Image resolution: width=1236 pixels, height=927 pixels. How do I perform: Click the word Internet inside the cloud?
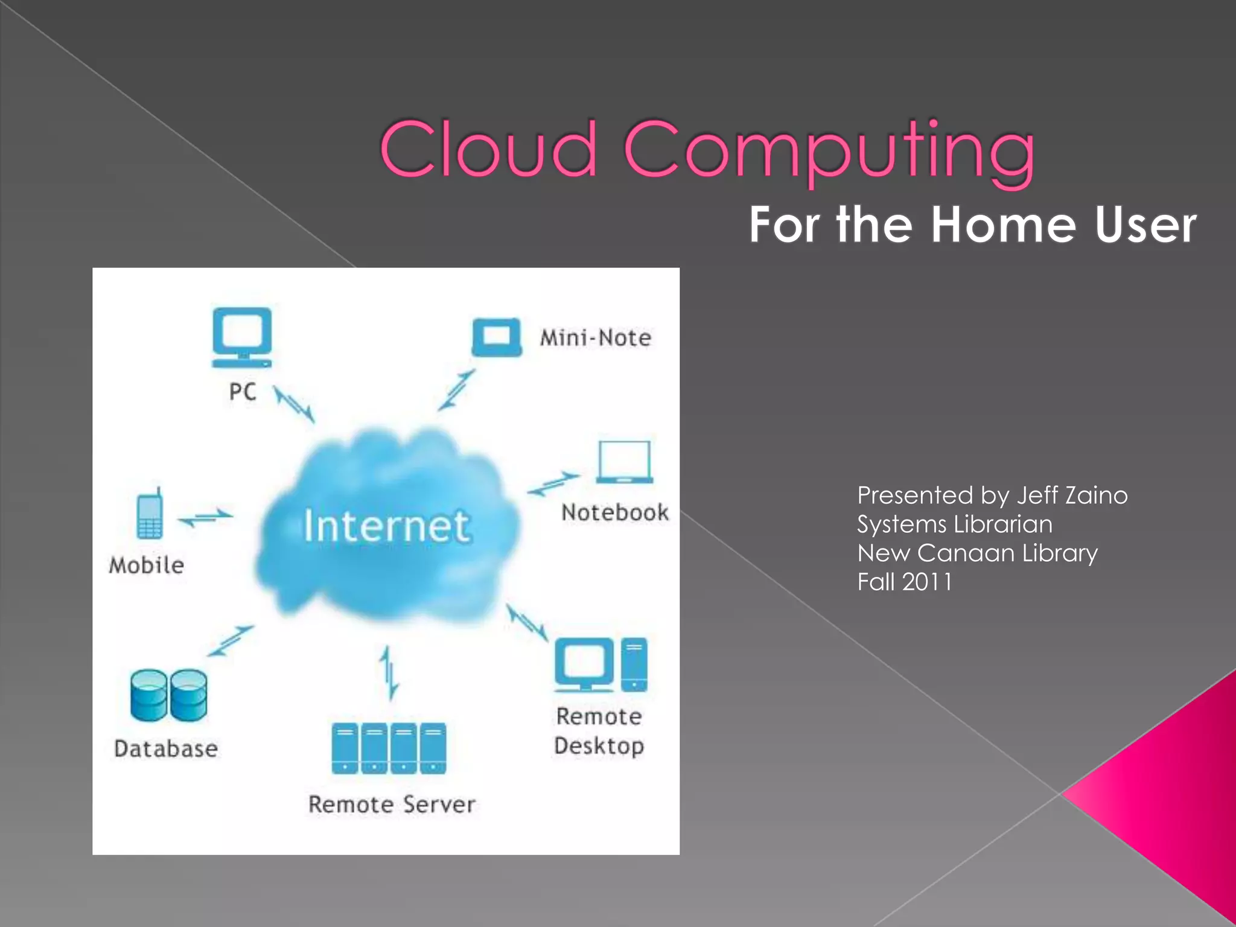click(386, 526)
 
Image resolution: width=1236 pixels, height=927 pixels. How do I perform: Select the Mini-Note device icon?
click(496, 337)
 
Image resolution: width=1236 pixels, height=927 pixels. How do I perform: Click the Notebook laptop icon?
click(625, 462)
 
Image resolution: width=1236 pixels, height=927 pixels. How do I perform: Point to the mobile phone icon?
click(150, 515)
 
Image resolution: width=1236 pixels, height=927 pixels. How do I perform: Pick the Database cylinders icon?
click(168, 695)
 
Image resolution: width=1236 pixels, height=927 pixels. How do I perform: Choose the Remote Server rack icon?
click(389, 748)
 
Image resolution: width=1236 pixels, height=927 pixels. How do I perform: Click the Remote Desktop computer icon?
click(601, 665)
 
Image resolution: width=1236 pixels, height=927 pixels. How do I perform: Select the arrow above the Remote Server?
click(389, 673)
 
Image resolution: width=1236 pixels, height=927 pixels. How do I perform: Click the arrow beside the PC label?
click(294, 404)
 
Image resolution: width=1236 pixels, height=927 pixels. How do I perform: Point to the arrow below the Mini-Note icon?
click(457, 390)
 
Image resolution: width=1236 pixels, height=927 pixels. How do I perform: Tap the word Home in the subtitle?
click(1002, 225)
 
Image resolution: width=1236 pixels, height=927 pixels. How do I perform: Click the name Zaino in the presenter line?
click(1097, 495)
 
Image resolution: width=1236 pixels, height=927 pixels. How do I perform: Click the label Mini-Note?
click(595, 338)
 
